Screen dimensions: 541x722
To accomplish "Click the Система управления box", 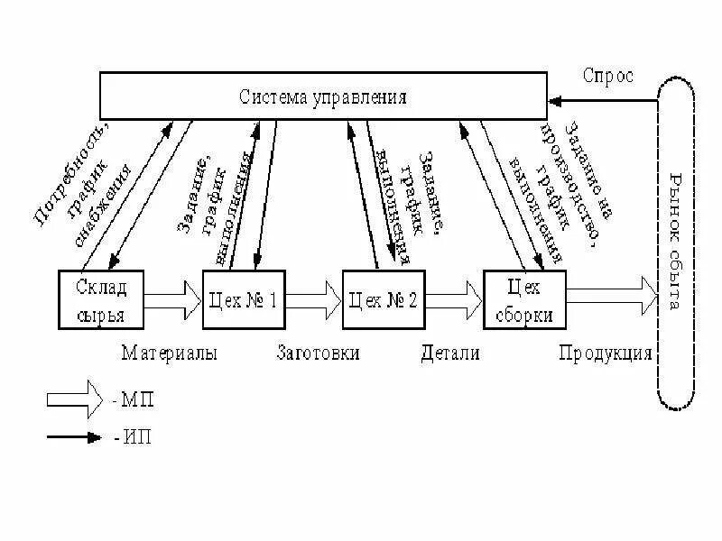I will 322,96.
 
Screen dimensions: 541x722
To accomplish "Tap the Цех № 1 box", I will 242,299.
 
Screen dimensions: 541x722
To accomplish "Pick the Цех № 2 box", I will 382,299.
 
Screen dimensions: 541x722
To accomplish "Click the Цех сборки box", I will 524,299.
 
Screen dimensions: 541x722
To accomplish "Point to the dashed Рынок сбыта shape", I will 677,243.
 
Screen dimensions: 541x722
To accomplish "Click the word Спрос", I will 607,76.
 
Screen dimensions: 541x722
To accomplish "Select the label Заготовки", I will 318,353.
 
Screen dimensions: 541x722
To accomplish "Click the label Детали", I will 449,353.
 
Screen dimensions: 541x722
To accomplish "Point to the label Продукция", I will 605,353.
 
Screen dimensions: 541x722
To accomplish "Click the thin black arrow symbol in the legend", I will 74,437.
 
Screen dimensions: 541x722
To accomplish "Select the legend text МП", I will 134,399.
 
